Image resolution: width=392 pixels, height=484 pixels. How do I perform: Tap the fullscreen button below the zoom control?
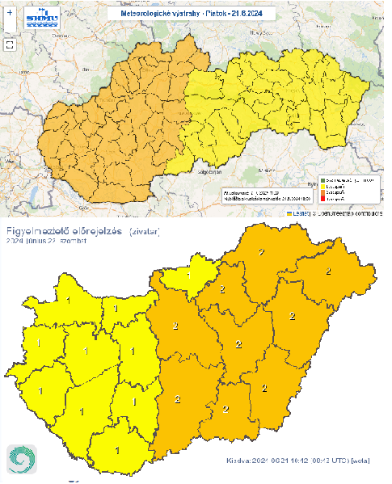pos(9,44)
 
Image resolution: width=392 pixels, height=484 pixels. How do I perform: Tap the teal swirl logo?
pos(23,461)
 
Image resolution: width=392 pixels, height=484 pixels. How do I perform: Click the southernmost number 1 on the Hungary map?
pos(118,451)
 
